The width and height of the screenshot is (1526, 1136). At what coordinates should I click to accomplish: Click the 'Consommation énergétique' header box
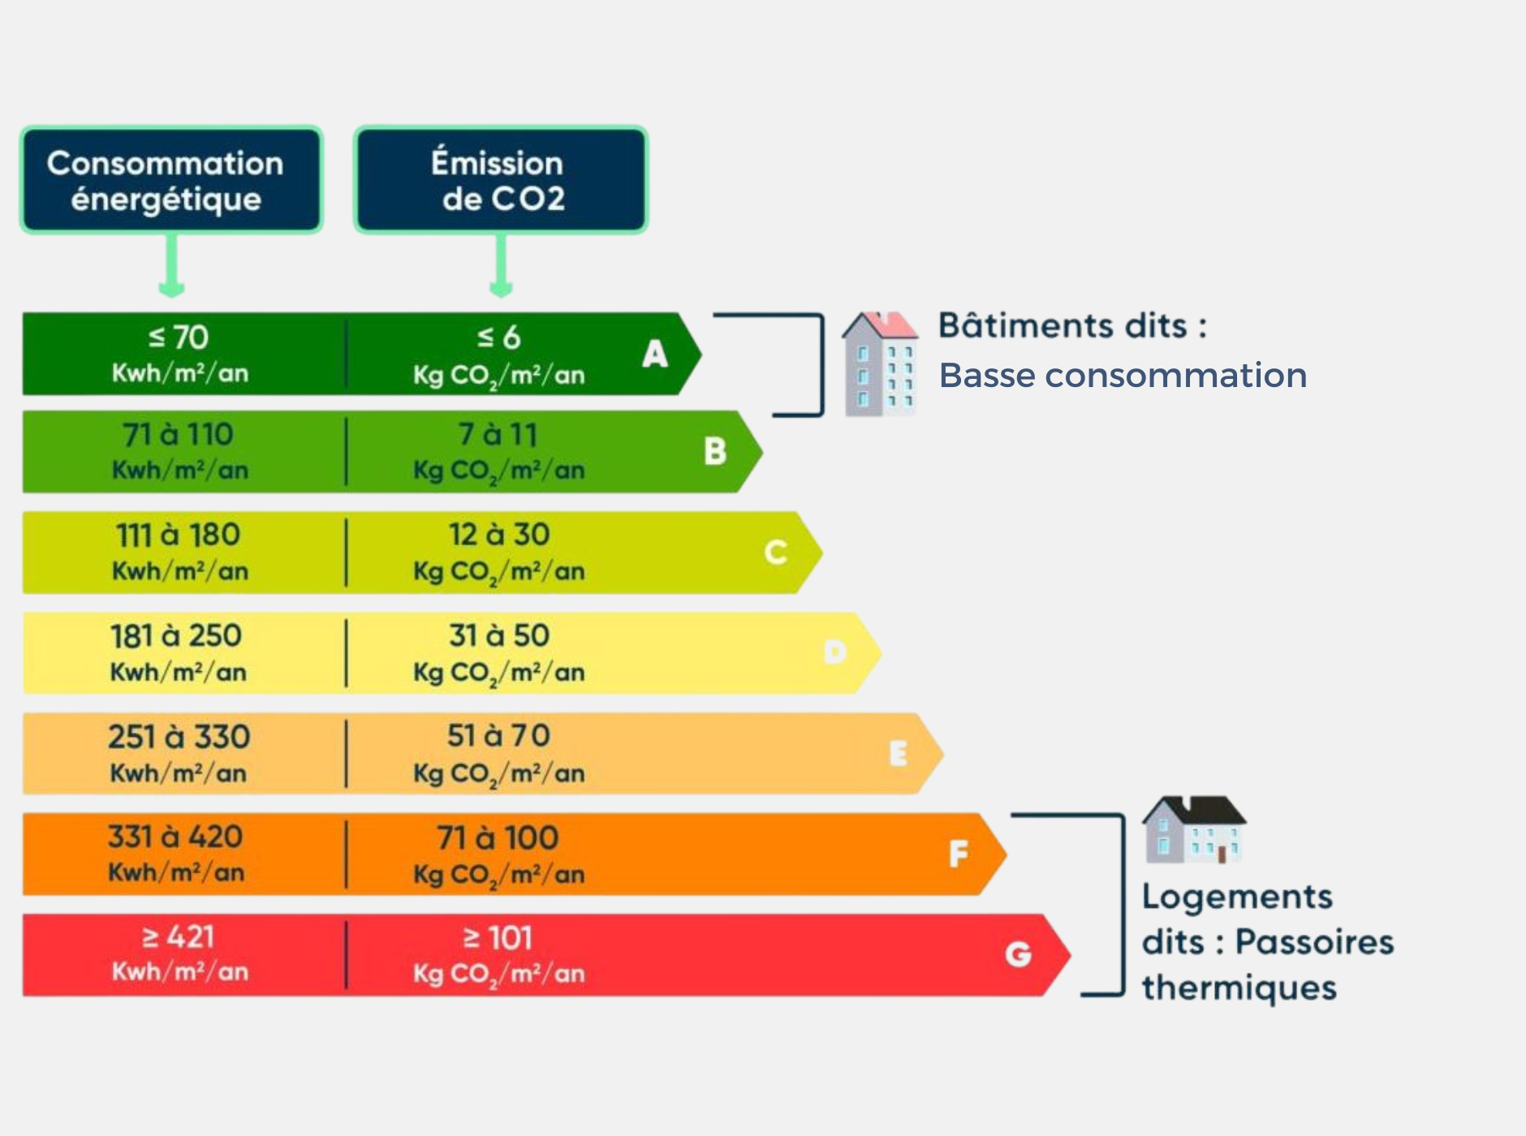(x=171, y=180)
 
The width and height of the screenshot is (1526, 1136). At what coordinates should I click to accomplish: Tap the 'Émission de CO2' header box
(x=500, y=180)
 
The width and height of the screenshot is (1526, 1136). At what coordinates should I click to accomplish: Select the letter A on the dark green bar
(x=655, y=354)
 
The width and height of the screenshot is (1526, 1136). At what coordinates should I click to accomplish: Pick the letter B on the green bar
(x=715, y=451)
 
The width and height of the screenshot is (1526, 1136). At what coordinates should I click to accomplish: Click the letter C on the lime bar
(x=776, y=553)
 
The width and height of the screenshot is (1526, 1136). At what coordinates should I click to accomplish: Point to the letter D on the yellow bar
(x=835, y=652)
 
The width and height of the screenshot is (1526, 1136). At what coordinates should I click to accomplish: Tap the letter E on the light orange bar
(x=898, y=754)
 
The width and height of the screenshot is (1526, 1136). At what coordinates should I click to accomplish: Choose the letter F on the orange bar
(x=959, y=854)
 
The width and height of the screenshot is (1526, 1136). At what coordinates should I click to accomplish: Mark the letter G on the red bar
(x=1019, y=954)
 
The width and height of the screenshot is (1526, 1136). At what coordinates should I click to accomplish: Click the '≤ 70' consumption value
(x=179, y=338)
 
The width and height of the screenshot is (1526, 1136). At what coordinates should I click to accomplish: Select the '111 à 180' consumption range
(x=178, y=536)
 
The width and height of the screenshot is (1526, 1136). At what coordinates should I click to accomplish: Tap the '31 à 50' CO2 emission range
(x=499, y=635)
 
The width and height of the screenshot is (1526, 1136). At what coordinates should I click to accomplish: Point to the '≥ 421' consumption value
(x=179, y=938)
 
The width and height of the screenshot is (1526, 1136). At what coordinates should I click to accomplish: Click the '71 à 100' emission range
(x=498, y=837)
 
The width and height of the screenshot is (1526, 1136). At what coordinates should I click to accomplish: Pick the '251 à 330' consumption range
(x=179, y=737)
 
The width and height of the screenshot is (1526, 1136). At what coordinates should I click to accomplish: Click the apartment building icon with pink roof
(x=880, y=364)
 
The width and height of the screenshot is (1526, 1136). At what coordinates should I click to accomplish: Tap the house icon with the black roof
(x=1194, y=829)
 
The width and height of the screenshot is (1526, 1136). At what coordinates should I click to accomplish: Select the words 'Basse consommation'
(x=1123, y=376)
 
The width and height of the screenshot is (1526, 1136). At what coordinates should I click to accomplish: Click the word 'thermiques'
(x=1239, y=988)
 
